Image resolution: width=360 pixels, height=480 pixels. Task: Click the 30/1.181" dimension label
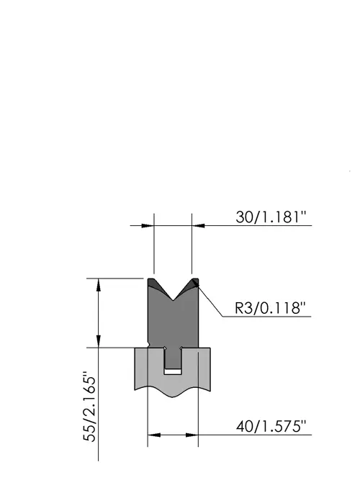[271, 217]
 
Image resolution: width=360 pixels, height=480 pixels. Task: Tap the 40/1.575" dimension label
[271, 426]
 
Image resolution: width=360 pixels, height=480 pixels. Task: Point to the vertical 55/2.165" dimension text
[90, 407]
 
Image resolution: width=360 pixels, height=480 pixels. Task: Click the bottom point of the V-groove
[173, 300]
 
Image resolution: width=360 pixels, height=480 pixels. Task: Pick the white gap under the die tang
[173, 371]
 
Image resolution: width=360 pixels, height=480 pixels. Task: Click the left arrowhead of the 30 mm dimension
[148, 226]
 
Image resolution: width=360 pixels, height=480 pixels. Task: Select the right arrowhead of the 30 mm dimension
[198, 226]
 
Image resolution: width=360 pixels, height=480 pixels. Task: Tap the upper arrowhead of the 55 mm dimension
[99, 285]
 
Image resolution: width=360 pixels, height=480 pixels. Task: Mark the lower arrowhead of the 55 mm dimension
[99, 341]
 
